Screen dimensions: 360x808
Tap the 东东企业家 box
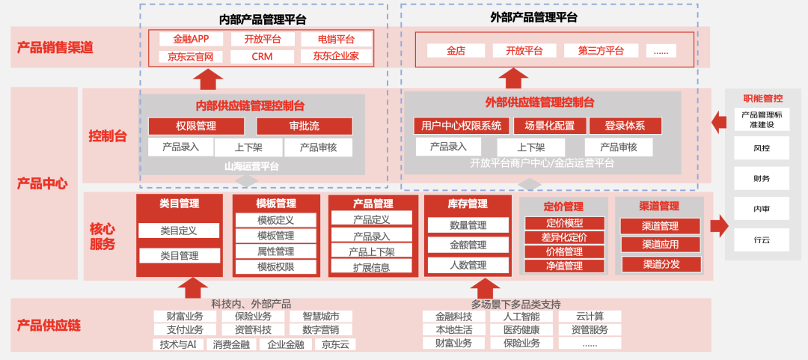click(x=336, y=57)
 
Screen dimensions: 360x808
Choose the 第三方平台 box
click(x=601, y=51)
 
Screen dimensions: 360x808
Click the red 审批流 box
click(x=304, y=126)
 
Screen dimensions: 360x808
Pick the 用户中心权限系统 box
click(x=462, y=126)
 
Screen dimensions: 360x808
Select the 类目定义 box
click(x=179, y=231)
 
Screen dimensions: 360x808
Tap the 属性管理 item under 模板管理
click(x=275, y=251)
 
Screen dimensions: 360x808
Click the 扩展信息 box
click(x=371, y=266)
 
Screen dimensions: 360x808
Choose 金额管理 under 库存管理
click(x=468, y=245)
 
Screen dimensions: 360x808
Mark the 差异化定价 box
click(x=564, y=237)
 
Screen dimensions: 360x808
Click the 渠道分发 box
click(x=661, y=263)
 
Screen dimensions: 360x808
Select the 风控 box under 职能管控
click(x=762, y=148)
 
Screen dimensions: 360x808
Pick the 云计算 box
click(x=590, y=316)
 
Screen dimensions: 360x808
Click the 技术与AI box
click(x=178, y=344)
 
